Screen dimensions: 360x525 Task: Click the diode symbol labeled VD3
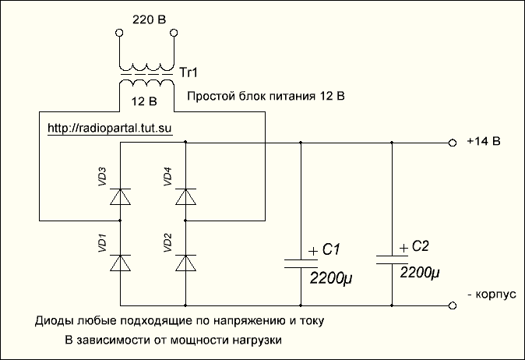[121, 197]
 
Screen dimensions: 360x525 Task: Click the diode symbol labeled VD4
[185, 197]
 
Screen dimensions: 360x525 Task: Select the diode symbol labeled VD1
[121, 264]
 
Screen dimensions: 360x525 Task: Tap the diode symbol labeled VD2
[185, 264]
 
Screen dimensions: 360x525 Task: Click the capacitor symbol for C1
[301, 260]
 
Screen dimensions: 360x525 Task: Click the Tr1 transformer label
[189, 72]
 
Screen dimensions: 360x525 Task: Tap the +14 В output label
[483, 142]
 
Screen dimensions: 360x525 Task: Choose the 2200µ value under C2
[421, 274]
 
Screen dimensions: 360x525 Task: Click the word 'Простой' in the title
[211, 97]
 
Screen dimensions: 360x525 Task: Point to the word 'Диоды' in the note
[52, 321]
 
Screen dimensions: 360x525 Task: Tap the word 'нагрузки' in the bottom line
[254, 341]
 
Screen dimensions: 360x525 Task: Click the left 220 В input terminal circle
[118, 34]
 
